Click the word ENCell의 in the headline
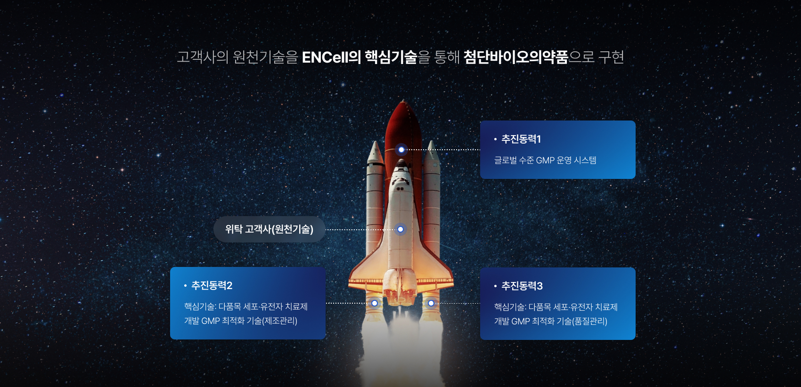332,57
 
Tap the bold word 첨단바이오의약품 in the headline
515,57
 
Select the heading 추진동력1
521,139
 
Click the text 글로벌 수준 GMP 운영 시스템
545,160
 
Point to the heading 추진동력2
212,285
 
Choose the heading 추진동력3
522,286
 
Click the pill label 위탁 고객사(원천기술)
269,229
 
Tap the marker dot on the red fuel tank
401,150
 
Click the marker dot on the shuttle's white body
400,229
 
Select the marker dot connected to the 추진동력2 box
375,303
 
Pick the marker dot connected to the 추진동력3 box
431,303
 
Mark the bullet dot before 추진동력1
495,139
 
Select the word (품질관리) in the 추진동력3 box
589,321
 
